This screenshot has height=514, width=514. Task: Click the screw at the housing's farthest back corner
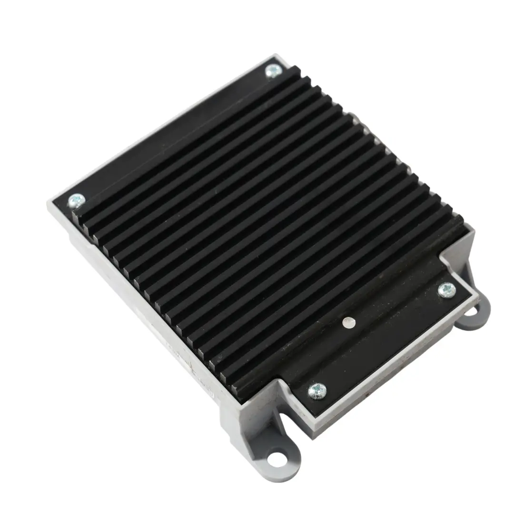273,71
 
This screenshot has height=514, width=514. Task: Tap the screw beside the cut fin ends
76,201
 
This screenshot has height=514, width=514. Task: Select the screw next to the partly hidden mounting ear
446,289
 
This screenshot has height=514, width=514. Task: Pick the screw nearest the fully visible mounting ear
317,391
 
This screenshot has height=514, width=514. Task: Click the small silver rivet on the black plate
348,323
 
